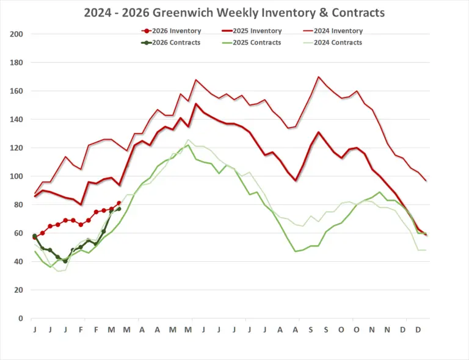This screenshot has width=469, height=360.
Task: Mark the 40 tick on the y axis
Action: (x=18, y=262)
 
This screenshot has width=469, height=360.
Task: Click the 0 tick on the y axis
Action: (x=20, y=319)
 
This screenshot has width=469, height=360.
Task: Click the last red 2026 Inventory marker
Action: (x=119, y=203)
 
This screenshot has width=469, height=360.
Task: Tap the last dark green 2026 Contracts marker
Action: (x=119, y=209)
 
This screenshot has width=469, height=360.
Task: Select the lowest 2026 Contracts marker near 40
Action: (x=65, y=261)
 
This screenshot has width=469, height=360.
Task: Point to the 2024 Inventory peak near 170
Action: (x=319, y=77)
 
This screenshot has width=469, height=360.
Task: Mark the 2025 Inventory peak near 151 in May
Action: (x=196, y=104)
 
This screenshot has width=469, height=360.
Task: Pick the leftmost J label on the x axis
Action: (x=35, y=329)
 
